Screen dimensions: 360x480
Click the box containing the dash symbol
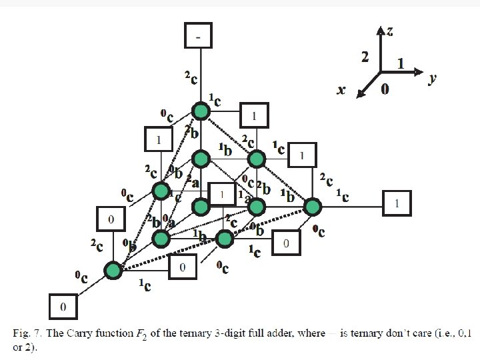click(x=198, y=35)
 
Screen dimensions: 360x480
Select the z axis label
click(x=389, y=30)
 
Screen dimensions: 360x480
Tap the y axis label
click(x=432, y=79)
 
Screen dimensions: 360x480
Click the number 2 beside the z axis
click(x=365, y=57)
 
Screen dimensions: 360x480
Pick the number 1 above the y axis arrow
click(x=401, y=63)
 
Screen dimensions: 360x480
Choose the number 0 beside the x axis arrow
click(x=385, y=89)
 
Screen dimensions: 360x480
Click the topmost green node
click(x=201, y=111)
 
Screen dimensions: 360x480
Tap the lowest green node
click(x=113, y=270)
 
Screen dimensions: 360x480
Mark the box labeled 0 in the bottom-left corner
click(x=63, y=306)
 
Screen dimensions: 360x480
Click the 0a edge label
click(x=170, y=223)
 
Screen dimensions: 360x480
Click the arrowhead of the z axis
click(x=381, y=30)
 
